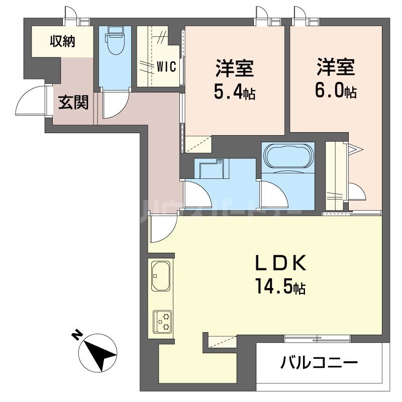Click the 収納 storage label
(62, 42)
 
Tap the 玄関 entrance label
(73, 103)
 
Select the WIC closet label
(166, 67)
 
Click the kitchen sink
(160, 276)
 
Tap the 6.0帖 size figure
(336, 92)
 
